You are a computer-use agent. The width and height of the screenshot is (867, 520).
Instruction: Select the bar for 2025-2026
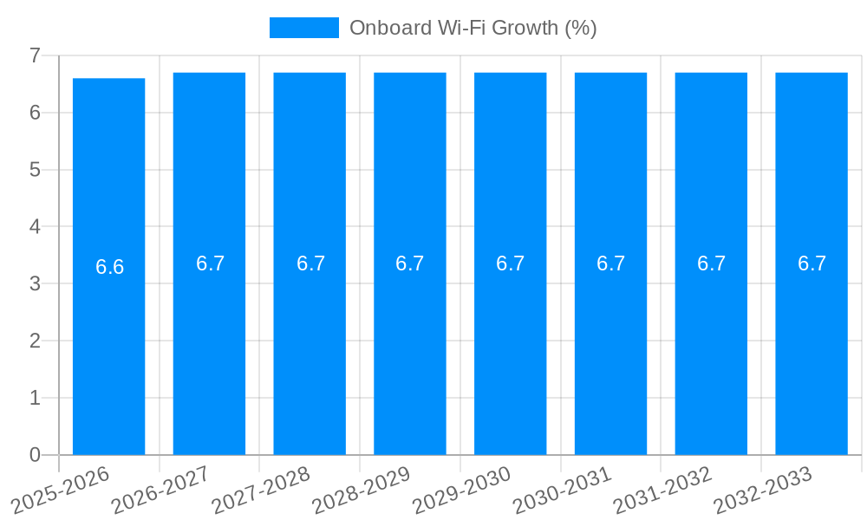pyautogui.click(x=108, y=347)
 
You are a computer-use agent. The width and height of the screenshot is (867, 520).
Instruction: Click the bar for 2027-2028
pyautogui.click(x=310, y=347)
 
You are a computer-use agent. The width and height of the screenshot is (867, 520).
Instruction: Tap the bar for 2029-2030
pyautogui.click(x=510, y=347)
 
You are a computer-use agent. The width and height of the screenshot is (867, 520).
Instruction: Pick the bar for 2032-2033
pyautogui.click(x=812, y=347)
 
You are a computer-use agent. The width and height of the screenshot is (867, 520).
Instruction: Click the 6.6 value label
pyautogui.click(x=109, y=267)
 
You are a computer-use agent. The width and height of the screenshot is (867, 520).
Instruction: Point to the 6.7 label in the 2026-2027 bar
pyautogui.click(x=210, y=263)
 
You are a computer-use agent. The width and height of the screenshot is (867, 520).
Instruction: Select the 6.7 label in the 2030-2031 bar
pyautogui.click(x=610, y=263)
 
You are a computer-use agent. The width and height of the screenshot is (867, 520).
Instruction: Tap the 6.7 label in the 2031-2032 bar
pyautogui.click(x=711, y=263)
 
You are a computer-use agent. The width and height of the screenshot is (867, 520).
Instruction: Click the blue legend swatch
pyautogui.click(x=303, y=28)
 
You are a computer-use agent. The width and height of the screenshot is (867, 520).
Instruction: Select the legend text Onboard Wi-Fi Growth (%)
pyautogui.click(x=473, y=28)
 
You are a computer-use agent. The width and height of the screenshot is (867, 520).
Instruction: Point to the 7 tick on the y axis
pyautogui.click(x=35, y=55)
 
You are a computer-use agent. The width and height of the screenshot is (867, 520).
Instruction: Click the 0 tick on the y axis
pyautogui.click(x=35, y=455)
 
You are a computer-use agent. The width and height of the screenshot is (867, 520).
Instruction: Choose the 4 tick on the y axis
pyautogui.click(x=35, y=227)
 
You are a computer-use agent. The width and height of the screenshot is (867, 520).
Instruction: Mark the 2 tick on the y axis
pyautogui.click(x=35, y=341)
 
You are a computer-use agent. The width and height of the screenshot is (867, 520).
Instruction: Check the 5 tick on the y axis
pyautogui.click(x=35, y=170)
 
